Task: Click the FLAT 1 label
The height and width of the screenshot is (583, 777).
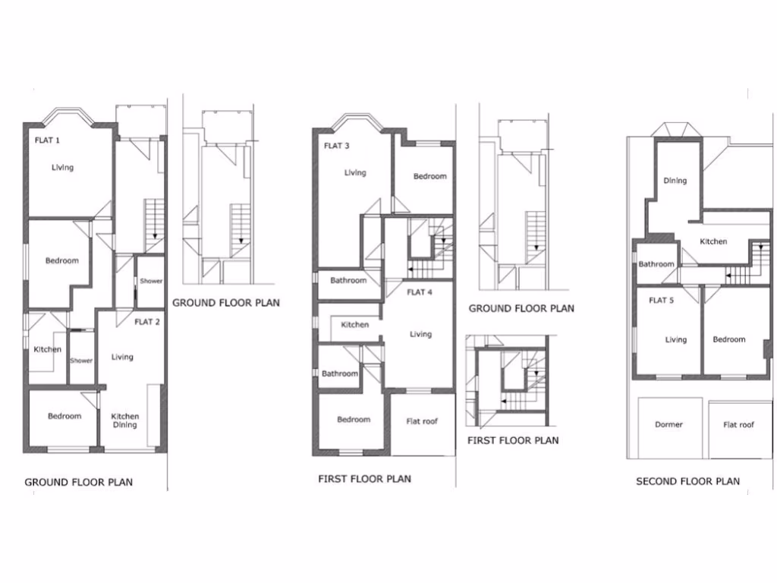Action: pos(47,140)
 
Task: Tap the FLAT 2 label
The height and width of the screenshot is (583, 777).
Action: pos(147,322)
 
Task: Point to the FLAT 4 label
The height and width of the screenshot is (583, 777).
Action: pos(419,292)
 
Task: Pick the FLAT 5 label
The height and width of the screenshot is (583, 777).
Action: pos(661,301)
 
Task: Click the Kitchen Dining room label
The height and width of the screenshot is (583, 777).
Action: pos(125,421)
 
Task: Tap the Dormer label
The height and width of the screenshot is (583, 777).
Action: pos(668,425)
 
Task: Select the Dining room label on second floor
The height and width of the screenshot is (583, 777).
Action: pos(675,181)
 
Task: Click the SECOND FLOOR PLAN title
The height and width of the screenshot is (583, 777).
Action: pos(687,481)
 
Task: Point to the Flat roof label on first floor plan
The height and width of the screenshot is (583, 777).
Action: pos(422,421)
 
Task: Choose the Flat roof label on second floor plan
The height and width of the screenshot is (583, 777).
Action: pos(739,425)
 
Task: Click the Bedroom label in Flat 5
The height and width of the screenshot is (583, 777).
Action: pos(728,340)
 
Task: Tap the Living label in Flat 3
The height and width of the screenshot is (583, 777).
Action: pos(355,173)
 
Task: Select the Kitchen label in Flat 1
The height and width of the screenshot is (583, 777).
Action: pos(47,350)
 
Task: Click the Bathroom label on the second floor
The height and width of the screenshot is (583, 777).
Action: pos(656,264)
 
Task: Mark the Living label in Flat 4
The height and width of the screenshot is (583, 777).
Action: pos(420,334)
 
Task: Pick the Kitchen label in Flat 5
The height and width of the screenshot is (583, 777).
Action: pos(713,241)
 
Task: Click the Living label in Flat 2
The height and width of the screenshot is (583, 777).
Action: pos(122,357)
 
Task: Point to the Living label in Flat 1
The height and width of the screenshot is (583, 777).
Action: pos(63,168)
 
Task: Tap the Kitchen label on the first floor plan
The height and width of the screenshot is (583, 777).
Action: pos(354,325)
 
